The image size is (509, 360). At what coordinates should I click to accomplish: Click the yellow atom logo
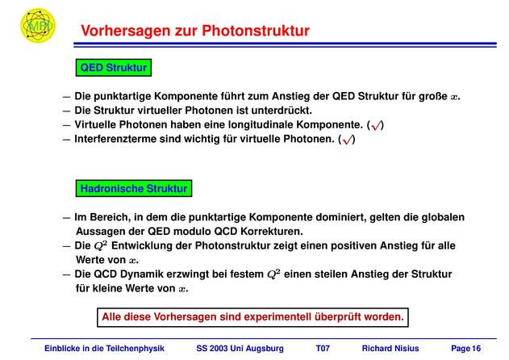[38, 25]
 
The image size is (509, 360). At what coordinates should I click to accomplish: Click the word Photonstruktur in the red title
[256, 31]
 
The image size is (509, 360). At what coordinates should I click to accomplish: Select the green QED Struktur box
[114, 68]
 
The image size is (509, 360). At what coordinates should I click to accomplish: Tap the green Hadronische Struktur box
[134, 188]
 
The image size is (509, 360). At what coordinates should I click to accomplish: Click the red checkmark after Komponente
[376, 125]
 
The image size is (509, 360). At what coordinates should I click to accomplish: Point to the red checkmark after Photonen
[347, 140]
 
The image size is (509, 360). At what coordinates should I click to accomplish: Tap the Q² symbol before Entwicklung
[101, 245]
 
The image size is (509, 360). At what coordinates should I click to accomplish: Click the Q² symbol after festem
[273, 274]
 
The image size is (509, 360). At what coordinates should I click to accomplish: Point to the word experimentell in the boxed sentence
[277, 316]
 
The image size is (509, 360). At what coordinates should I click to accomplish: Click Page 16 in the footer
[465, 349]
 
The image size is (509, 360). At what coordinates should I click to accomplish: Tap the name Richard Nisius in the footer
[390, 349]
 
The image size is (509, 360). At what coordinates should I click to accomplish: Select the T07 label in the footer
[323, 349]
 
